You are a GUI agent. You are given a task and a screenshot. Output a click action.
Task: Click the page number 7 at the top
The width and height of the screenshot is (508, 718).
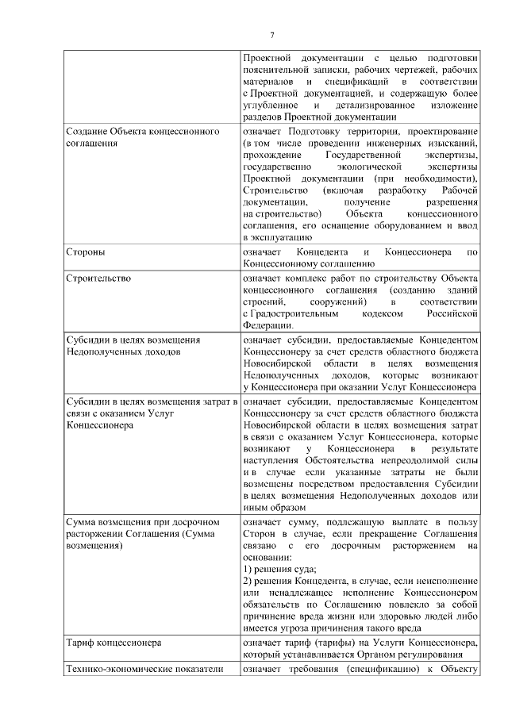pyautogui.click(x=272, y=36)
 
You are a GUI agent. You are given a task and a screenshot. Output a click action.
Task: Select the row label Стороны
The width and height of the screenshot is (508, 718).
pyautogui.click(x=86, y=251)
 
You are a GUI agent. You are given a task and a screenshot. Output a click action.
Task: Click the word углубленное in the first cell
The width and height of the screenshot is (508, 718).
pyautogui.click(x=271, y=105)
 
